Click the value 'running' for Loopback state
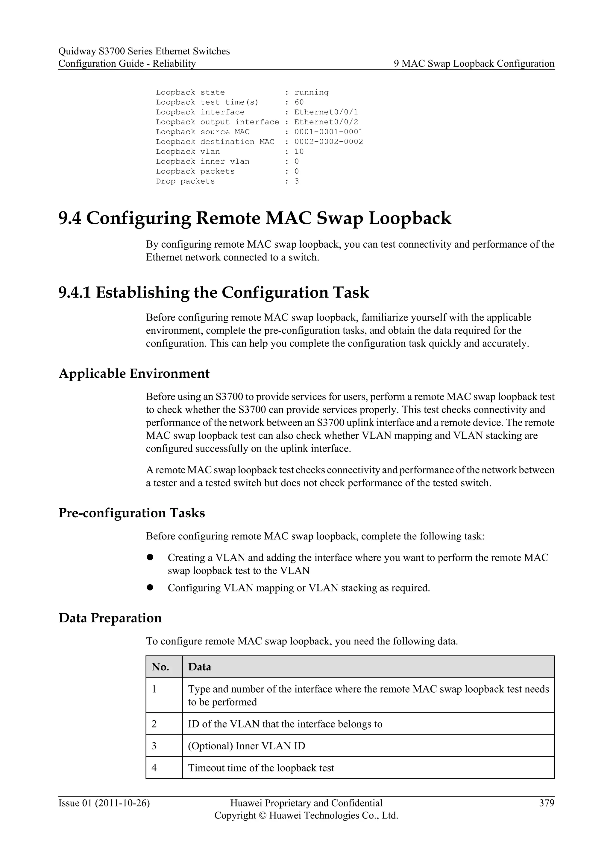311,92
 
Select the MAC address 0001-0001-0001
328,132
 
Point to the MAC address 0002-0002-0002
328,141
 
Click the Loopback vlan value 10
299,152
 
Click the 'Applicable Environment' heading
134,373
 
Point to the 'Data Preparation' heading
110,618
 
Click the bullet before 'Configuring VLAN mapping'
150,587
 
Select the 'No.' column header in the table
160,667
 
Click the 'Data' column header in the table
200,667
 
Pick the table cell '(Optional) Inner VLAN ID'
246,746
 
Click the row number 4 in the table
154,768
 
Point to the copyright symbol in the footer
263,816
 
